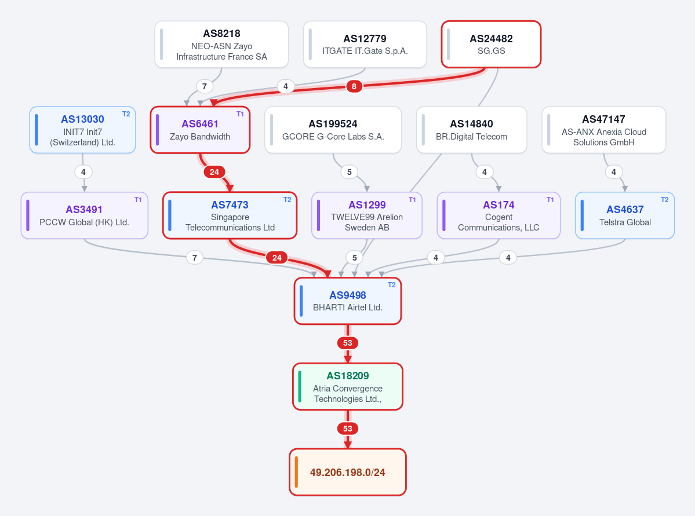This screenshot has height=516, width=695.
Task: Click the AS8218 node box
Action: [221, 44]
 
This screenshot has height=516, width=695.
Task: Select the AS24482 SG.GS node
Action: [491, 44]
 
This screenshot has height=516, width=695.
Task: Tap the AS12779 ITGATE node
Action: [365, 44]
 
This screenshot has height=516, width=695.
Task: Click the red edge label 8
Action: [354, 86]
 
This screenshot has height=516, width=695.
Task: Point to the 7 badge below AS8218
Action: [205, 86]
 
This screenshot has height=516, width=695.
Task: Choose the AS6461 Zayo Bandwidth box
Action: [201, 130]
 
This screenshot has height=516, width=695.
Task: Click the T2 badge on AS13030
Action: [126, 114]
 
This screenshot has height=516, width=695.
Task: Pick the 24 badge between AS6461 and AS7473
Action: [214, 172]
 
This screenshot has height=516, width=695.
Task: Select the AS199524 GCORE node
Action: [333, 130]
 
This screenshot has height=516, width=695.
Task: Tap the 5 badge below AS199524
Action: [350, 172]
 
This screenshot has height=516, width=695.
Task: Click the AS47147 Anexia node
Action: [603, 130]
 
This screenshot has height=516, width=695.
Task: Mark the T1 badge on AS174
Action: [550, 200]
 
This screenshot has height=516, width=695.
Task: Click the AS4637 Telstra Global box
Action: [625, 215]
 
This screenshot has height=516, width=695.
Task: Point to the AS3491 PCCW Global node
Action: [84, 215]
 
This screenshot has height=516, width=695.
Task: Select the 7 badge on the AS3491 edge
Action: [195, 257]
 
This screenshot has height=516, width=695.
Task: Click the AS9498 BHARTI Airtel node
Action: [348, 301]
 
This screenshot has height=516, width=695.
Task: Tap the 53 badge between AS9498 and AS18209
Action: [348, 343]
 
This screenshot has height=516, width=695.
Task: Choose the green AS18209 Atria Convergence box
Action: [348, 387]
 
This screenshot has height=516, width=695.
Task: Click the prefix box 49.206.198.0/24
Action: [348, 472]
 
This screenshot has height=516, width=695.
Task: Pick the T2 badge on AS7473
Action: [288, 200]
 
